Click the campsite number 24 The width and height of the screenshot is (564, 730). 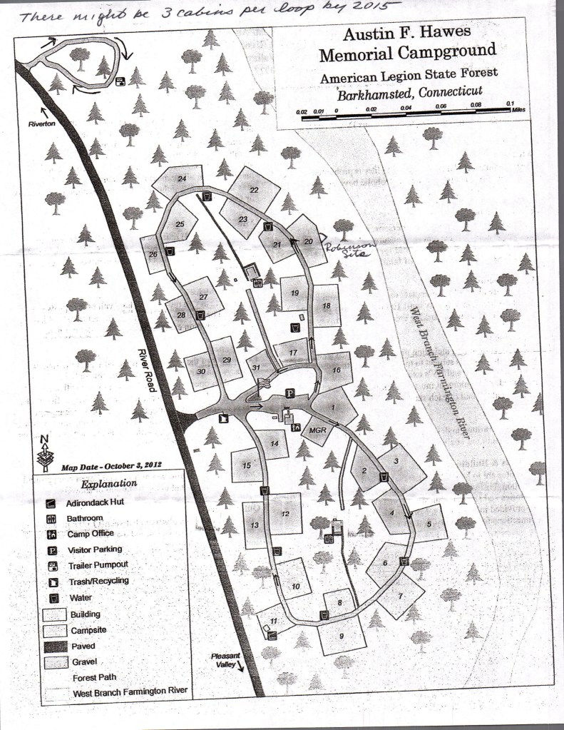[x=182, y=178]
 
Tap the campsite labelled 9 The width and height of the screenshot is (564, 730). [x=342, y=636]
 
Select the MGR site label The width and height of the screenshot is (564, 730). [x=317, y=431]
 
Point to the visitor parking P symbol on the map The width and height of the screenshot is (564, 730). [x=290, y=392]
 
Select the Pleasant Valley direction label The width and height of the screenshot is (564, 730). [x=225, y=661]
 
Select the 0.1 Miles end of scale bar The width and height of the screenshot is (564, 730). [x=509, y=107]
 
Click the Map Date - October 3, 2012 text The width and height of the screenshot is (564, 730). [x=112, y=465]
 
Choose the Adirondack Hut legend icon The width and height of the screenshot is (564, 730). [x=51, y=503]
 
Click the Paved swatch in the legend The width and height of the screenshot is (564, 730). [x=51, y=646]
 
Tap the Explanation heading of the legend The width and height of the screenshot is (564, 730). [x=109, y=484]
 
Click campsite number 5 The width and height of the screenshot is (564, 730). [x=429, y=524]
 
